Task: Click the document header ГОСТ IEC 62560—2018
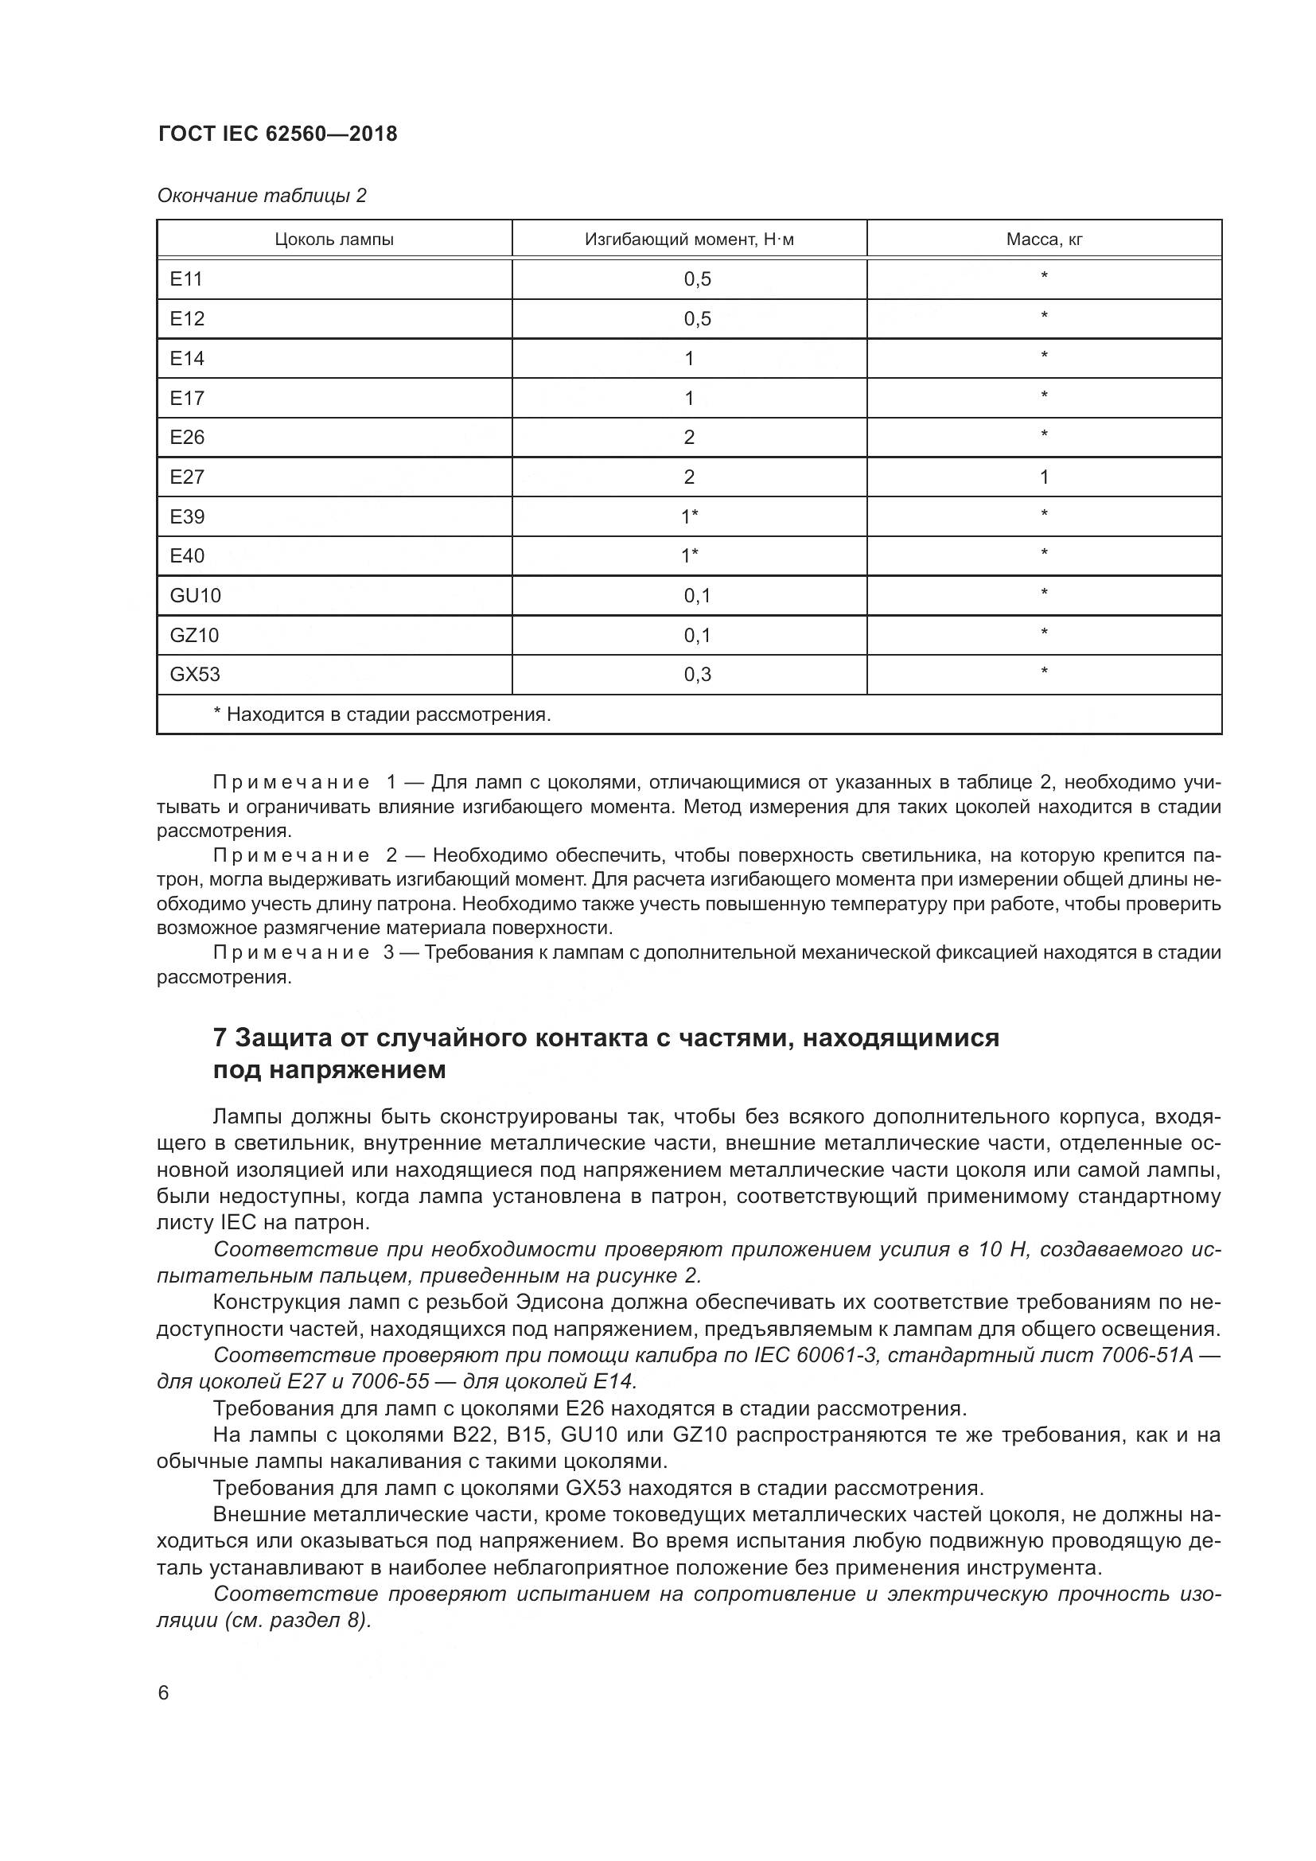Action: [x=277, y=134]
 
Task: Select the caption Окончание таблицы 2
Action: [x=261, y=196]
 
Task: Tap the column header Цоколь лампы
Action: [x=334, y=239]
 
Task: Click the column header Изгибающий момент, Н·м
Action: [x=689, y=239]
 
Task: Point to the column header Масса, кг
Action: [x=1044, y=239]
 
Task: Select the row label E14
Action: [x=187, y=358]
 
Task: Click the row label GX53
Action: [x=194, y=675]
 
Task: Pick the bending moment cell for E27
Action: [x=689, y=477]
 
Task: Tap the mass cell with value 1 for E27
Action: [x=1044, y=477]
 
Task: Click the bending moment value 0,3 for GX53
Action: [x=697, y=675]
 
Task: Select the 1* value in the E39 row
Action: [x=690, y=516]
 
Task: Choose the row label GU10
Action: [x=195, y=596]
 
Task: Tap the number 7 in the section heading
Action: [x=220, y=1038]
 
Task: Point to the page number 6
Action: [x=163, y=1693]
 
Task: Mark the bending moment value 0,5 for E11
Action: [x=697, y=279]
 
